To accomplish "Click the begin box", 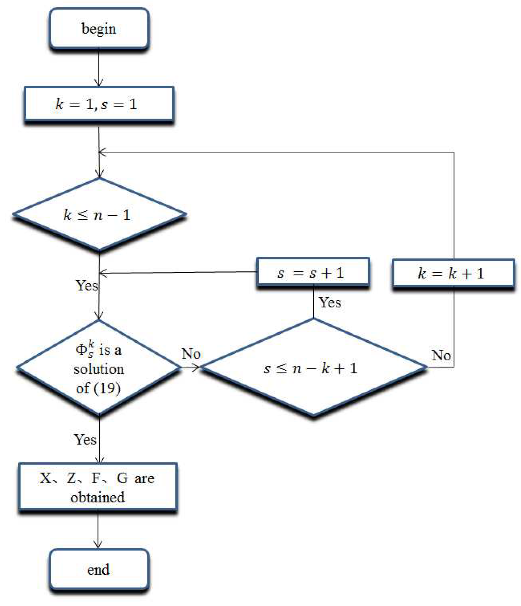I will [99, 29].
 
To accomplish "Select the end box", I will [99, 570].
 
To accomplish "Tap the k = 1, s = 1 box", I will [99, 104].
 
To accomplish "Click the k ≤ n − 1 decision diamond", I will [99, 215].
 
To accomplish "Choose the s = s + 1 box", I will [313, 273].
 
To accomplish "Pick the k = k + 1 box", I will [453, 273].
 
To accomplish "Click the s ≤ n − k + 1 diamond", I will [313, 367].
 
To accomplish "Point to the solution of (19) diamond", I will [99, 368].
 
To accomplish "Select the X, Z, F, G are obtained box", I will [98, 487].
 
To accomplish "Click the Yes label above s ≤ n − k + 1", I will [330, 302].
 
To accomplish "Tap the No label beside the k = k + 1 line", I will [441, 355].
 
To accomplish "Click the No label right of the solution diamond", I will [191, 354].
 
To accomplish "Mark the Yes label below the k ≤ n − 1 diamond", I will [87, 285].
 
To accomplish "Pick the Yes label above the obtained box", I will [85, 439].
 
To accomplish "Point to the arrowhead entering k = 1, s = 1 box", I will [99, 83].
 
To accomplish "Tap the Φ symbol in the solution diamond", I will [81, 349].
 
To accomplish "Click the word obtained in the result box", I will [98, 497].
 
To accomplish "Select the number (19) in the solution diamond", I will [107, 388].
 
